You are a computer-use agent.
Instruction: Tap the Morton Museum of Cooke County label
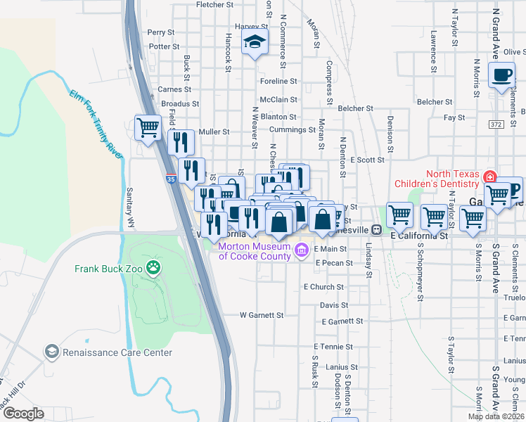254,251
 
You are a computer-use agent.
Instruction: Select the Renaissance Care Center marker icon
51,351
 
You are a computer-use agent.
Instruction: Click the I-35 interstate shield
171,180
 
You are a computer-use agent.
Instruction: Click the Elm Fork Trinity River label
92,121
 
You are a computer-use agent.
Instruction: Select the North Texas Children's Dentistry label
451,181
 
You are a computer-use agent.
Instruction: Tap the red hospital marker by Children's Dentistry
489,177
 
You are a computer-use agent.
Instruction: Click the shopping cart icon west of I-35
148,128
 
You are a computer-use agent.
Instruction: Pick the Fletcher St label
214,5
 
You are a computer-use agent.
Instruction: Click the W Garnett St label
261,315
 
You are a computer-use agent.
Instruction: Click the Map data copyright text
496,416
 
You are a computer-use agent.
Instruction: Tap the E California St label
419,237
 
